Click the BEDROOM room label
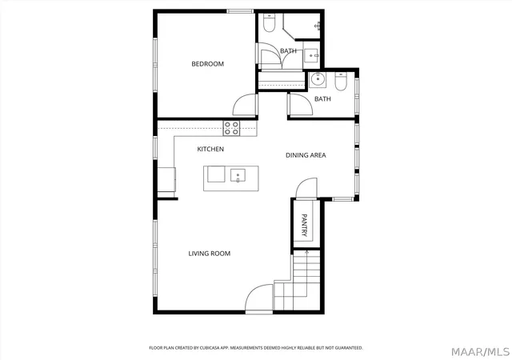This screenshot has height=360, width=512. (x=208, y=64)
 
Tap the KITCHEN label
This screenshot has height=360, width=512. (x=210, y=150)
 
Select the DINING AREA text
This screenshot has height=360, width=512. (x=306, y=155)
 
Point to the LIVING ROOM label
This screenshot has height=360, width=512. (x=210, y=254)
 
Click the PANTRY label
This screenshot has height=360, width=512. (x=304, y=225)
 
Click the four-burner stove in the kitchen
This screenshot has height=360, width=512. (x=231, y=128)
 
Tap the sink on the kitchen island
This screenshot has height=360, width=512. (x=238, y=175)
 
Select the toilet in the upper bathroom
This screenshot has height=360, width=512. (x=269, y=23)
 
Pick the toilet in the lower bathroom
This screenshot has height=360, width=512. (x=341, y=81)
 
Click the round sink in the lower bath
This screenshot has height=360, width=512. (x=318, y=79)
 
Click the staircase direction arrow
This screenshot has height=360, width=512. (x=306, y=274)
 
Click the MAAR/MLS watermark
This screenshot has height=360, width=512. (x=480, y=352)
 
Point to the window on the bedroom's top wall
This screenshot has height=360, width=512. (x=240, y=11)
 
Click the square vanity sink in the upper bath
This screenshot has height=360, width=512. (x=311, y=55)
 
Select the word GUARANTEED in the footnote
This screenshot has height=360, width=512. (x=350, y=348)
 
